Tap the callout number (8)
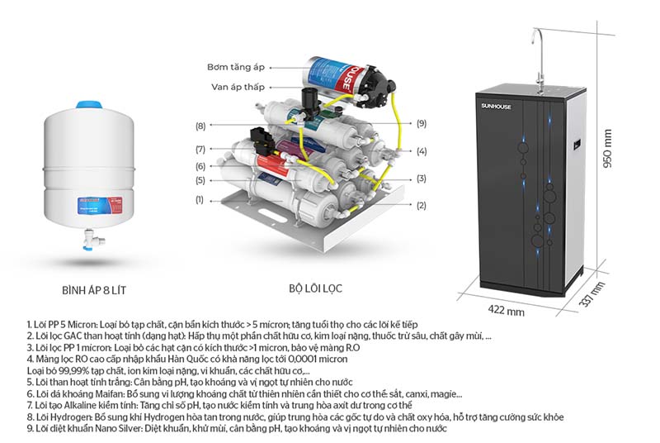click(x=200, y=126)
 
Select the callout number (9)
click(x=421, y=124)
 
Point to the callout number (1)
click(x=200, y=200)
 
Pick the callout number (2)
click(x=421, y=205)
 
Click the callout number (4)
click(x=421, y=151)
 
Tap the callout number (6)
click(x=200, y=167)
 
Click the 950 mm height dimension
click(x=608, y=149)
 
